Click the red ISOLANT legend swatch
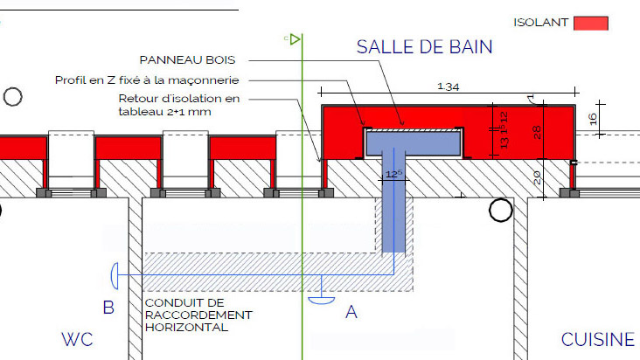coord(591,24)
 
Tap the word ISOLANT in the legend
coord(540,23)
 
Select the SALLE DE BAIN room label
coord(425,47)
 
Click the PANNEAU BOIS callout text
coord(187,60)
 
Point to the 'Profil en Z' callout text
coord(147,80)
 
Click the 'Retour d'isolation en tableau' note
coord(178,105)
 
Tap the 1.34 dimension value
coord(449,87)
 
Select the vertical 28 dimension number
coord(537,132)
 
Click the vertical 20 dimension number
coord(537,177)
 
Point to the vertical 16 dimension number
coord(593,119)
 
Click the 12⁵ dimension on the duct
coord(393,174)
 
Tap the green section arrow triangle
coord(296,39)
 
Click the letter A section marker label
coord(351,312)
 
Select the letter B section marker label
coord(108,308)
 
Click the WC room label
coord(77,339)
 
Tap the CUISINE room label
coord(598,339)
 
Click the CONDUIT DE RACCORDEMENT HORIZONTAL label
coord(198,315)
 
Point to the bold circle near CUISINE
coord(500,210)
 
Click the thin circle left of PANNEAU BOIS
coord(12,97)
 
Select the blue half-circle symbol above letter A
coord(322,301)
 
